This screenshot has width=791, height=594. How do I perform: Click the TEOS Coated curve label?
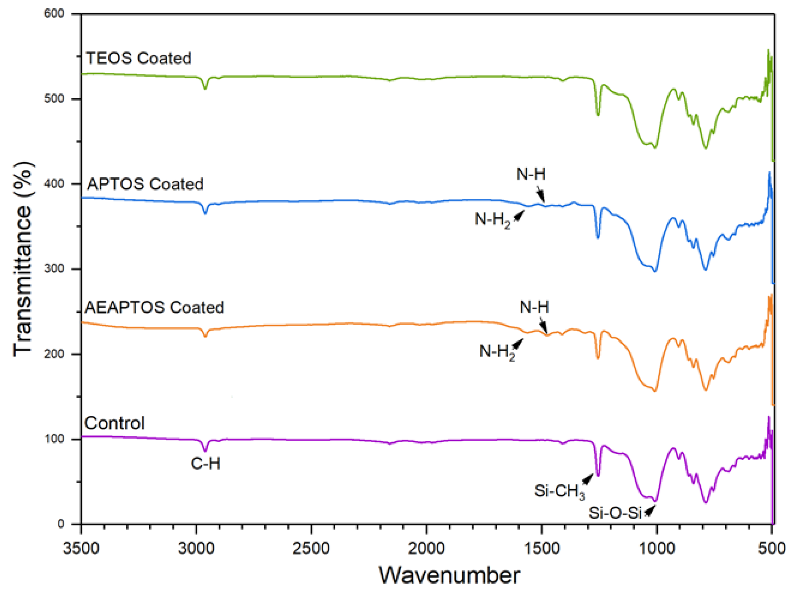[139, 58]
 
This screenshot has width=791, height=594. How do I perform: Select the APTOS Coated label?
[145, 184]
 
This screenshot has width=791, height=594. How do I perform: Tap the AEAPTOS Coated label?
[154, 307]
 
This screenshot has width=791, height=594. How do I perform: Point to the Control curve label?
[114, 423]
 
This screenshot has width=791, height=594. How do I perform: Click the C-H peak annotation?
[205, 464]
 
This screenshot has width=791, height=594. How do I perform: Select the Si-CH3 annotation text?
[559, 491]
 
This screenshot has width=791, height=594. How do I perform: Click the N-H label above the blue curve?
[531, 174]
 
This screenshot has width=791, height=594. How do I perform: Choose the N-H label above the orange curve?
[534, 307]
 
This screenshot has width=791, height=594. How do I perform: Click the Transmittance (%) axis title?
[23, 259]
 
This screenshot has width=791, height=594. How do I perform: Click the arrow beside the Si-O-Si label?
[649, 512]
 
